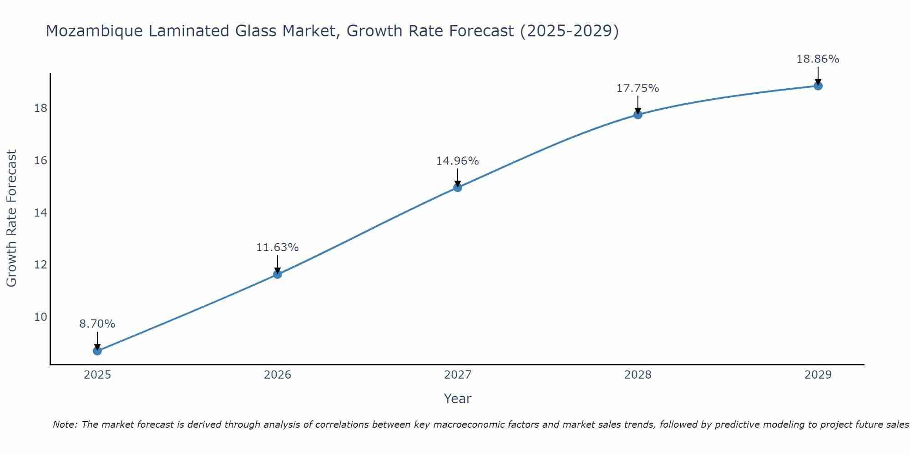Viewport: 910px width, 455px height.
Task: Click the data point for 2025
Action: [x=97, y=351]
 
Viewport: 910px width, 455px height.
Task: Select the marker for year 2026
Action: [x=278, y=274]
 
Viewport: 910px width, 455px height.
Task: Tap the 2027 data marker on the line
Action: [x=458, y=187]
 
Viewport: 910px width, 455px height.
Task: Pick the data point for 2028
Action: [x=638, y=115]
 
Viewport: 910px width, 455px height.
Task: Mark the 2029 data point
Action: [x=818, y=86]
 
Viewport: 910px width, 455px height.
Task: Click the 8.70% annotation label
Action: [x=97, y=324]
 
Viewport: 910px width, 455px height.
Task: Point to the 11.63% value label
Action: [x=278, y=248]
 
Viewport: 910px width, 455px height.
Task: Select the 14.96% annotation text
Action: [x=458, y=161]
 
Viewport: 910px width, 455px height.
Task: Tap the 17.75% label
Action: [x=638, y=88]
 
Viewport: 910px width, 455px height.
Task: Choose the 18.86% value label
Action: [x=818, y=59]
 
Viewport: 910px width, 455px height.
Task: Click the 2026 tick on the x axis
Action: [x=278, y=375]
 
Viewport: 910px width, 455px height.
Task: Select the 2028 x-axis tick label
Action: [x=638, y=375]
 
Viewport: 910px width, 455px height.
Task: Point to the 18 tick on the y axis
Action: [x=41, y=108]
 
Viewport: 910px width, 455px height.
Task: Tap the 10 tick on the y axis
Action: [x=41, y=317]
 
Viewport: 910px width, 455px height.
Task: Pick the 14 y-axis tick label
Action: [x=41, y=212]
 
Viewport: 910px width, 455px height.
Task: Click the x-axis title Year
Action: [x=458, y=399]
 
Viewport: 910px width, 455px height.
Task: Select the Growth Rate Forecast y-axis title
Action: [x=11, y=218]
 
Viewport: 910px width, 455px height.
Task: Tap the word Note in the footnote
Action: [x=65, y=425]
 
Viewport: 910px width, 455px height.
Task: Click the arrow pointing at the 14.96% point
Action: [x=458, y=177]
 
